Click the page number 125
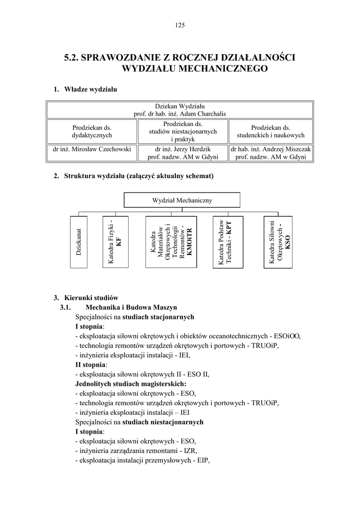180,26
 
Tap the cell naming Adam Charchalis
180,110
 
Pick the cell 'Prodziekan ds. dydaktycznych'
92,131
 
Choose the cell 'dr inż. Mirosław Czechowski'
92,149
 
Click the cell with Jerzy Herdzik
183,153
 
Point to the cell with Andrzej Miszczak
271,153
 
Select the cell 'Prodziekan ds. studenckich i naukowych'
271,131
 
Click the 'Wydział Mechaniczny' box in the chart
182,200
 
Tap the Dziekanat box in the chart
79,242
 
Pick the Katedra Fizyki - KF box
115,242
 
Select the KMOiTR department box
171,242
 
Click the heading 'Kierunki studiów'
91,298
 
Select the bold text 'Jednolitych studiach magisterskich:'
131,384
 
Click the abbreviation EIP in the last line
202,460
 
